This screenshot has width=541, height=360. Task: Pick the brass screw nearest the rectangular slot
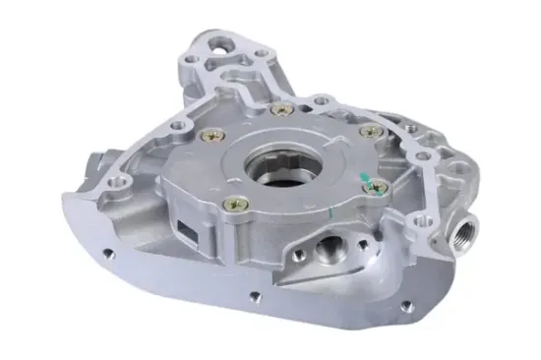(233, 204)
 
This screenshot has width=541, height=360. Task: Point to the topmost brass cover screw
(279, 109)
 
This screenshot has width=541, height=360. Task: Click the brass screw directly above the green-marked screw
(367, 131)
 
